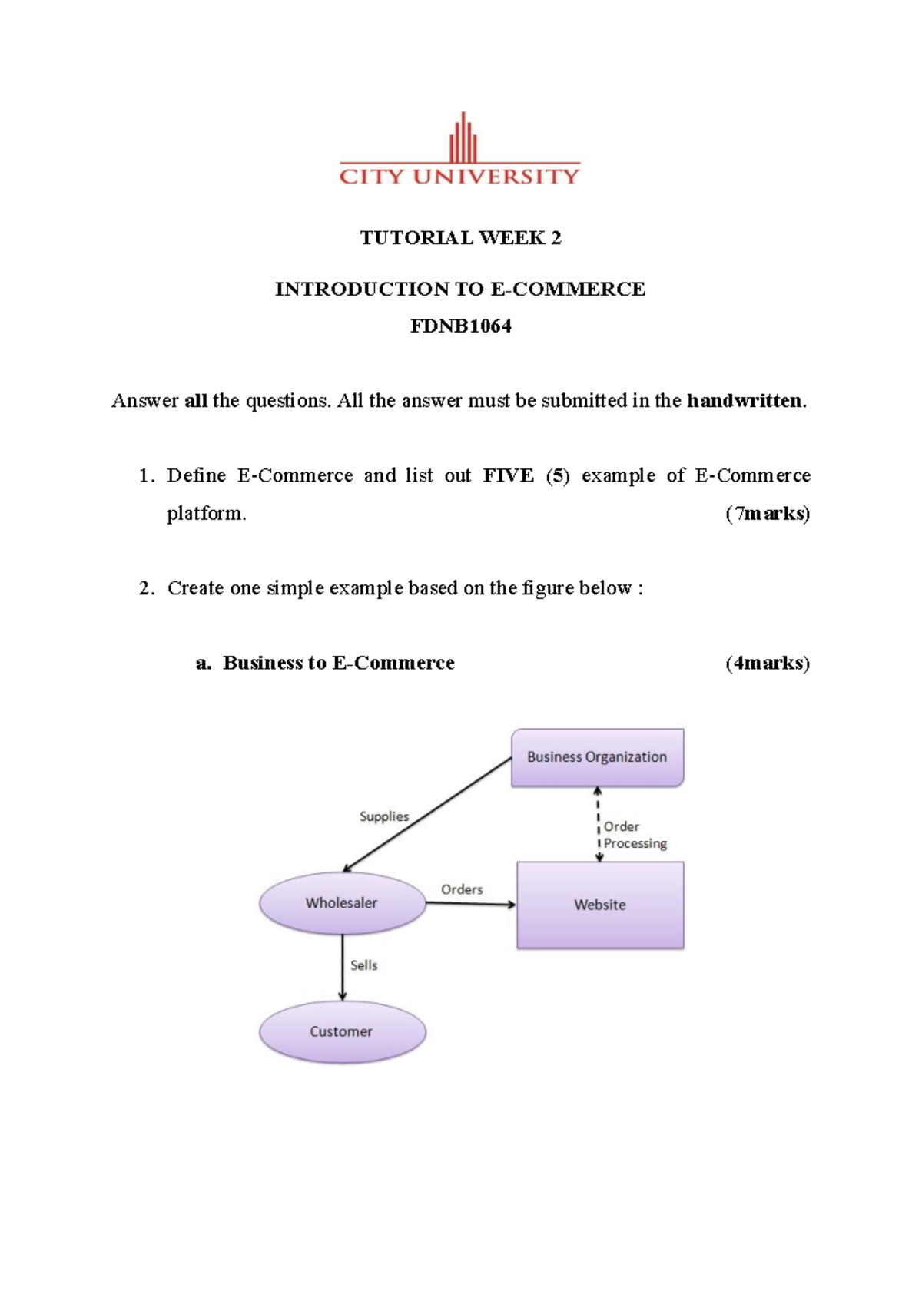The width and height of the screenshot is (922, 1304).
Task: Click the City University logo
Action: click(459, 151)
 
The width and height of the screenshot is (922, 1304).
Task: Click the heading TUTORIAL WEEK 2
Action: click(460, 238)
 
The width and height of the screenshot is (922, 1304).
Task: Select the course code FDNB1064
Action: click(460, 326)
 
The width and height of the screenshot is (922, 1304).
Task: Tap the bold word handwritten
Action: click(744, 401)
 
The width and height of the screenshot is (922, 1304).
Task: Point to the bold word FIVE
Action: click(508, 476)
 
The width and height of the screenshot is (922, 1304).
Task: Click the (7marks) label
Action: click(767, 514)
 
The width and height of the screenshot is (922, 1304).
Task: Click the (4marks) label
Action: click(767, 664)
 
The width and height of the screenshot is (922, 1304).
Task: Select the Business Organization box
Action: click(597, 757)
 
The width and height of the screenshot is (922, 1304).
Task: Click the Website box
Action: click(599, 905)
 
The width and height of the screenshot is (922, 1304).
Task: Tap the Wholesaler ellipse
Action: click(342, 903)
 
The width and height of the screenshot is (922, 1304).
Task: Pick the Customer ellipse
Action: click(342, 1031)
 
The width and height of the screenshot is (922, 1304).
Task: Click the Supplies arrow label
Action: click(384, 816)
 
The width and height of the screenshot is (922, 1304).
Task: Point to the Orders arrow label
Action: click(462, 889)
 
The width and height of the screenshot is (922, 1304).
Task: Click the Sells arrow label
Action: click(364, 965)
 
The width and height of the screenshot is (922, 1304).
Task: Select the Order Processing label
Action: click(634, 835)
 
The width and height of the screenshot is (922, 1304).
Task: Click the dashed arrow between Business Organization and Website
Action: click(599, 824)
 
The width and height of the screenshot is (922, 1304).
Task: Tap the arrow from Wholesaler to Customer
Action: click(343, 968)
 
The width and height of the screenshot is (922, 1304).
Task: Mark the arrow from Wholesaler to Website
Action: click(470, 904)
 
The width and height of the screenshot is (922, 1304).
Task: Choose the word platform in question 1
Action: click(206, 514)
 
